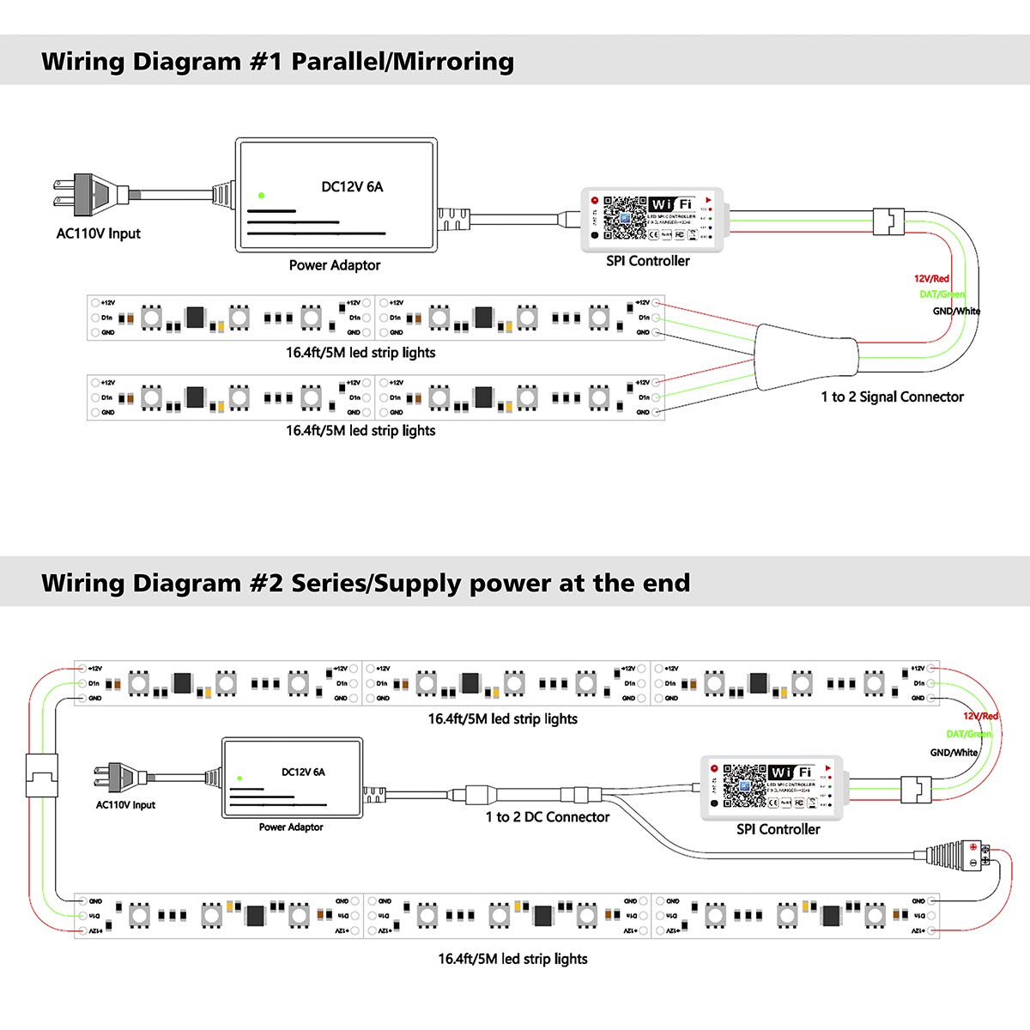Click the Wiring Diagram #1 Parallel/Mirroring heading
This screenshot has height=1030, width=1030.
277,62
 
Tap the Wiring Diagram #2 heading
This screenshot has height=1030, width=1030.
366,584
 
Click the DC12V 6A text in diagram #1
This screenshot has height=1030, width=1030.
352,186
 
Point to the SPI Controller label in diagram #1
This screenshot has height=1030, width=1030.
648,261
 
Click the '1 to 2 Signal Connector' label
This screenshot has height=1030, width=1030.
892,397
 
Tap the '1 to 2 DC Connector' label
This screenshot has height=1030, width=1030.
548,817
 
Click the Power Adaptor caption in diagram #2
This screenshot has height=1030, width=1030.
291,827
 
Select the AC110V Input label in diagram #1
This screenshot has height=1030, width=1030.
99,233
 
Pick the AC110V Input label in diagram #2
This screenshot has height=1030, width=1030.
125,805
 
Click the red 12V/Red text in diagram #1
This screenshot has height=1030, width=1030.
931,279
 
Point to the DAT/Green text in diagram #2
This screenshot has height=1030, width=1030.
968,734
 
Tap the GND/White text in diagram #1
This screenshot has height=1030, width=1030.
956,312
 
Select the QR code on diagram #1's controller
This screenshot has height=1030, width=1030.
625,218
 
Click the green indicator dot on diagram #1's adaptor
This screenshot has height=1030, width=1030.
261,196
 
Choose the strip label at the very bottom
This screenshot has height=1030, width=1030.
512,959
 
